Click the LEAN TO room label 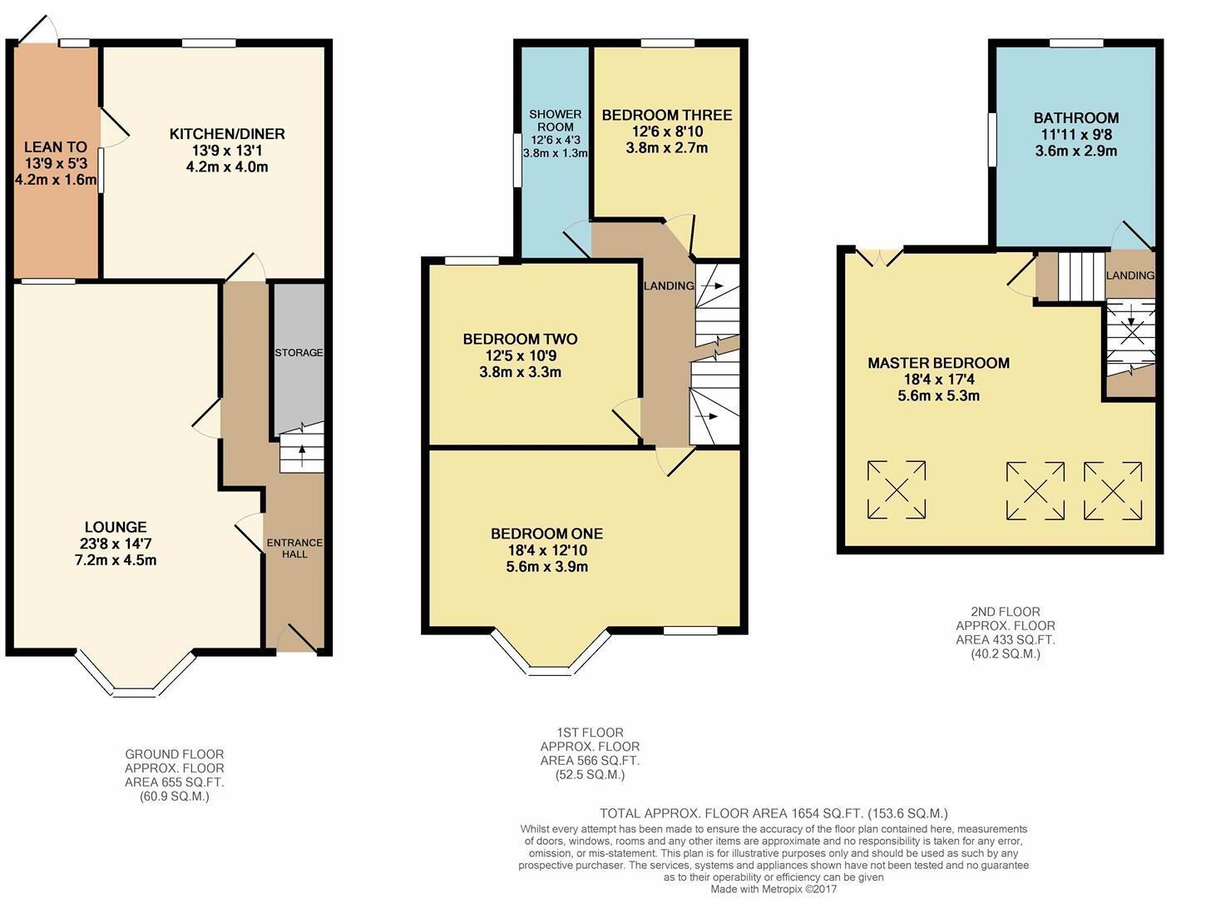click(55, 147)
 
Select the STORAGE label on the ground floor click(299, 352)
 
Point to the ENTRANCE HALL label click(294, 548)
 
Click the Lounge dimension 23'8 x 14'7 click(116, 544)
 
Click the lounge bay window click(134, 678)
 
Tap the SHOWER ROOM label click(555, 121)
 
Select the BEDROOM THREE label click(666, 115)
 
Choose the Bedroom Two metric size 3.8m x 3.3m click(520, 372)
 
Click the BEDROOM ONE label click(546, 534)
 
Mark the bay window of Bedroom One click(550, 653)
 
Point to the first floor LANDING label click(669, 286)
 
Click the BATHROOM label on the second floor click(1075, 118)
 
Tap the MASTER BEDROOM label click(938, 363)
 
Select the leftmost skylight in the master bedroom click(897, 490)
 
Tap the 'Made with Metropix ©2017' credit click(774, 889)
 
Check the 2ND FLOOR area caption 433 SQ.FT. click(1006, 639)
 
